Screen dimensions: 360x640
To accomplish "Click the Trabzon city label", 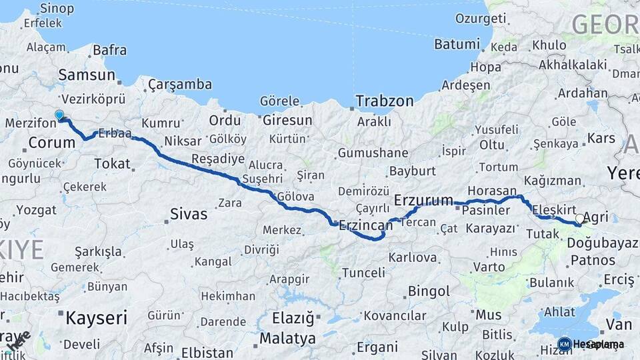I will [385, 101].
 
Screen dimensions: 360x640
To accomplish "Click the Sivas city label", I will [189, 215].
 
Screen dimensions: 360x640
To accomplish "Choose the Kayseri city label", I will [96, 318].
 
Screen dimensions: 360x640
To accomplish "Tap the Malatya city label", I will [287, 339].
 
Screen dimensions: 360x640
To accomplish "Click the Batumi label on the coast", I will [457, 45].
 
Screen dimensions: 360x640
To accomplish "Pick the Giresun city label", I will [287, 121].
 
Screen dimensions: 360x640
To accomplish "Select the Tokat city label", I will [112, 163].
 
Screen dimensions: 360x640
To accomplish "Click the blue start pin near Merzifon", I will [59, 115].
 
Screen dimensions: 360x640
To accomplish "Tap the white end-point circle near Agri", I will [579, 218].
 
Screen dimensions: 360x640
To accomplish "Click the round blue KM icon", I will [564, 344].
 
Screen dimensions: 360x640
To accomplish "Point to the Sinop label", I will [57, 9].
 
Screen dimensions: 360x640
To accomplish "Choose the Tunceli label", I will [363, 273].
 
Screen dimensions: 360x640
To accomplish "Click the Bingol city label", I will [429, 291].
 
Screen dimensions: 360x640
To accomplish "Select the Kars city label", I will [601, 139].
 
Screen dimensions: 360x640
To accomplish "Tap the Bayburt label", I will [412, 171].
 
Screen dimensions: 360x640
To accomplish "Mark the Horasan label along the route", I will [492, 191].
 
